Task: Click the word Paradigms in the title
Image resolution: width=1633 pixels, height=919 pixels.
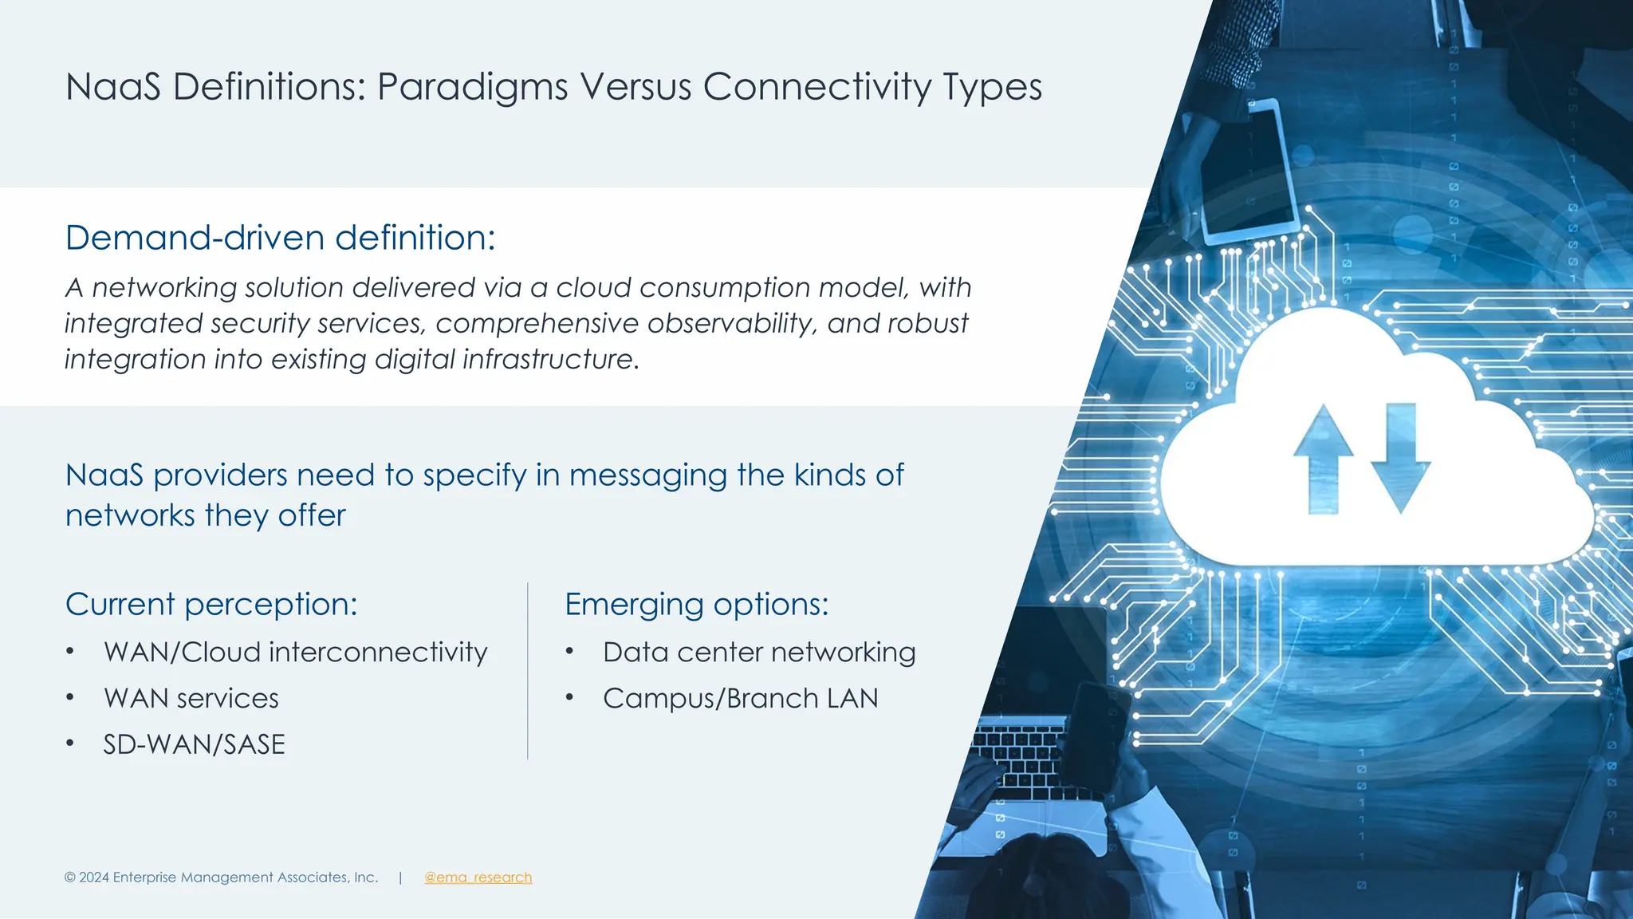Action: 472,87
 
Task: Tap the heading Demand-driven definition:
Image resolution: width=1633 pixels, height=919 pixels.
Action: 280,238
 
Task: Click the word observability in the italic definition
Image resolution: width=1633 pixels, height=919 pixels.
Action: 732,323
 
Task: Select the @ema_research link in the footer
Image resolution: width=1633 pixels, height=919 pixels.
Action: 478,878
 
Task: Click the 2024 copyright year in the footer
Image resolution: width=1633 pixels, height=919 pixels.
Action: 94,878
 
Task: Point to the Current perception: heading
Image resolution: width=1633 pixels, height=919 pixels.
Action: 211,604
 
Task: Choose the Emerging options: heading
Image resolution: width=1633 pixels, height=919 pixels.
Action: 696,604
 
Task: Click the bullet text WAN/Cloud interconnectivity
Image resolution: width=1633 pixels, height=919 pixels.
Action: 295,653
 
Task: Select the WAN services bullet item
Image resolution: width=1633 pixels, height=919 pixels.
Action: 191,699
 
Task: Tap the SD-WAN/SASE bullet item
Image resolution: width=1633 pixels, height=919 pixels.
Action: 194,744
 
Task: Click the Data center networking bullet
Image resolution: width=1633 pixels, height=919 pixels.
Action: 758,653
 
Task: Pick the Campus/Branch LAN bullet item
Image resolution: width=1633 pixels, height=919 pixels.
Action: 740,699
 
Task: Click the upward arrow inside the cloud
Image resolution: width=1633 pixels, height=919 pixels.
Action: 1323,459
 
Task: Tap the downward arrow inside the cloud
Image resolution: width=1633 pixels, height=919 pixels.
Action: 1400,459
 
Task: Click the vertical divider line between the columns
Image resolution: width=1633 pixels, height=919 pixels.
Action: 527,670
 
